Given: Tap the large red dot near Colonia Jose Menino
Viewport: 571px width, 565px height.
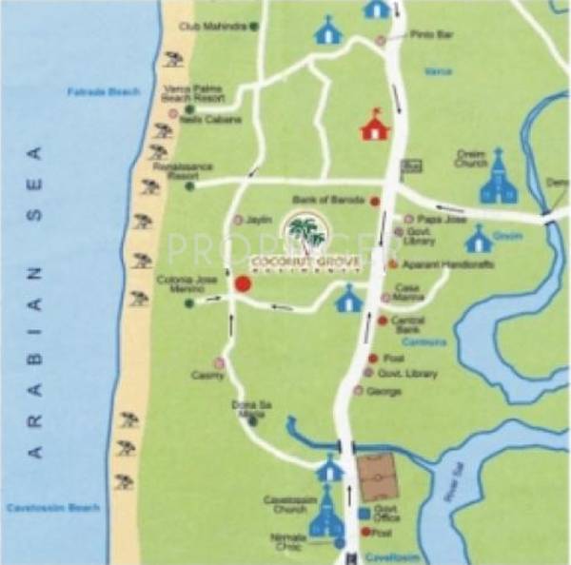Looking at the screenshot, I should (x=242, y=282).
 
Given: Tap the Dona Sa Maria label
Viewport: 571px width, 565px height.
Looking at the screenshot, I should (x=246, y=408).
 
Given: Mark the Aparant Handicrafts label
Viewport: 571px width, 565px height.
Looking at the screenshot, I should (x=435, y=263).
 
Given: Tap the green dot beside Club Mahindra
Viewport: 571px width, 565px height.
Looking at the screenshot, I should (x=254, y=27).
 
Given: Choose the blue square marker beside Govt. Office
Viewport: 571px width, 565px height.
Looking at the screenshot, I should (x=364, y=514).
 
